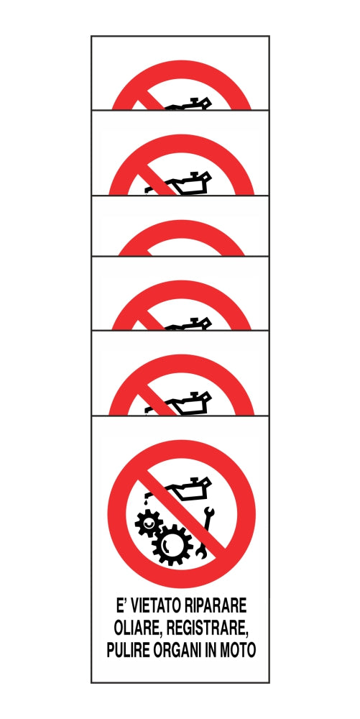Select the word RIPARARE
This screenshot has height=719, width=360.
[x=214, y=605]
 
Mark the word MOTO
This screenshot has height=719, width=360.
[x=239, y=650]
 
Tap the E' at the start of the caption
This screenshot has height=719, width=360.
[x=121, y=605]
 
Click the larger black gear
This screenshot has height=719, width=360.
[x=172, y=545]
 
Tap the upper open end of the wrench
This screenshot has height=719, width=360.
[x=209, y=510]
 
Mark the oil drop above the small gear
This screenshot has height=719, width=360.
[x=144, y=503]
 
